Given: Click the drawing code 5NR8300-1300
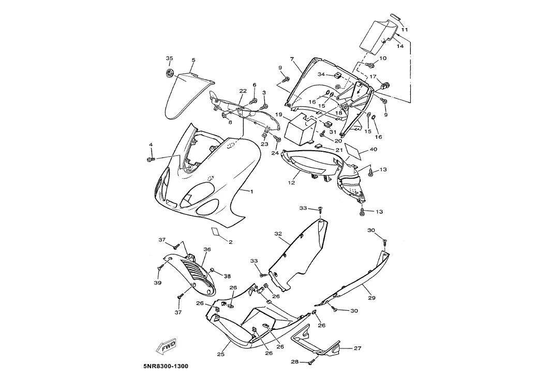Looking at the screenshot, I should point(166,367).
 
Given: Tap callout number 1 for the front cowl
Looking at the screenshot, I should point(251,192).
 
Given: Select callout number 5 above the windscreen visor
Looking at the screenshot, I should point(193,61).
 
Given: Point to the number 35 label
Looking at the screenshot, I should point(169,58).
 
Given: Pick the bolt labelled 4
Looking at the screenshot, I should point(152,158).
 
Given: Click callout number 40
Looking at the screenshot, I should point(373,150).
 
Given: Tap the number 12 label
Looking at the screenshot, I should point(292,183).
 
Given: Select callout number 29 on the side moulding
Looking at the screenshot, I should point(371,298).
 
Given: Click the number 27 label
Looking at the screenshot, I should point(358,349).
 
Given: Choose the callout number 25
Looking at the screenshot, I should point(220,355).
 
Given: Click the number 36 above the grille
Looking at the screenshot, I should point(207,250).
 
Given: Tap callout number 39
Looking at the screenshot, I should point(158,283).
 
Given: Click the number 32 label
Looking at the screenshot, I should point(278,234).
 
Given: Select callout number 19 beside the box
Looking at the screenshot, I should point(278,114).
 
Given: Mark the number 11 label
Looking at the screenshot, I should point(405,30).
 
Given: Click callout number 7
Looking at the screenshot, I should point(292,59).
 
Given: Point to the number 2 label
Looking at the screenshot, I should point(230,242).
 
